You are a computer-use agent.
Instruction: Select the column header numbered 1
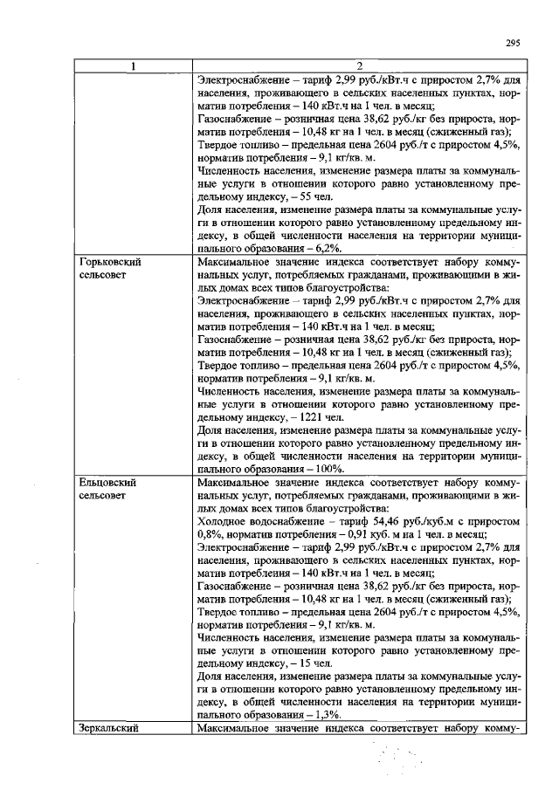(133, 67)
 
